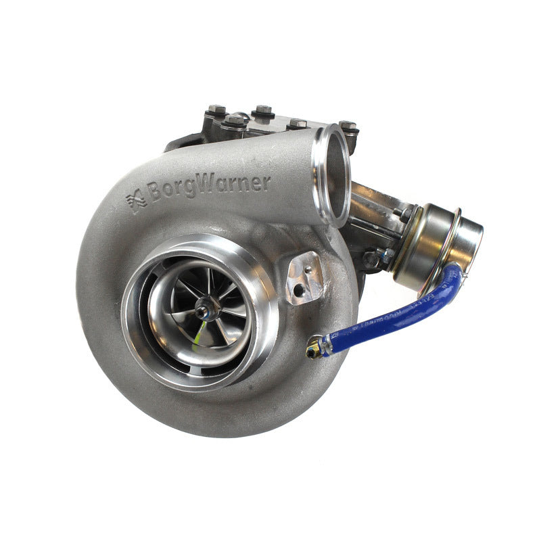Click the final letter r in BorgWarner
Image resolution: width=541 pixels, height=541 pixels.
tap(266, 181)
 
